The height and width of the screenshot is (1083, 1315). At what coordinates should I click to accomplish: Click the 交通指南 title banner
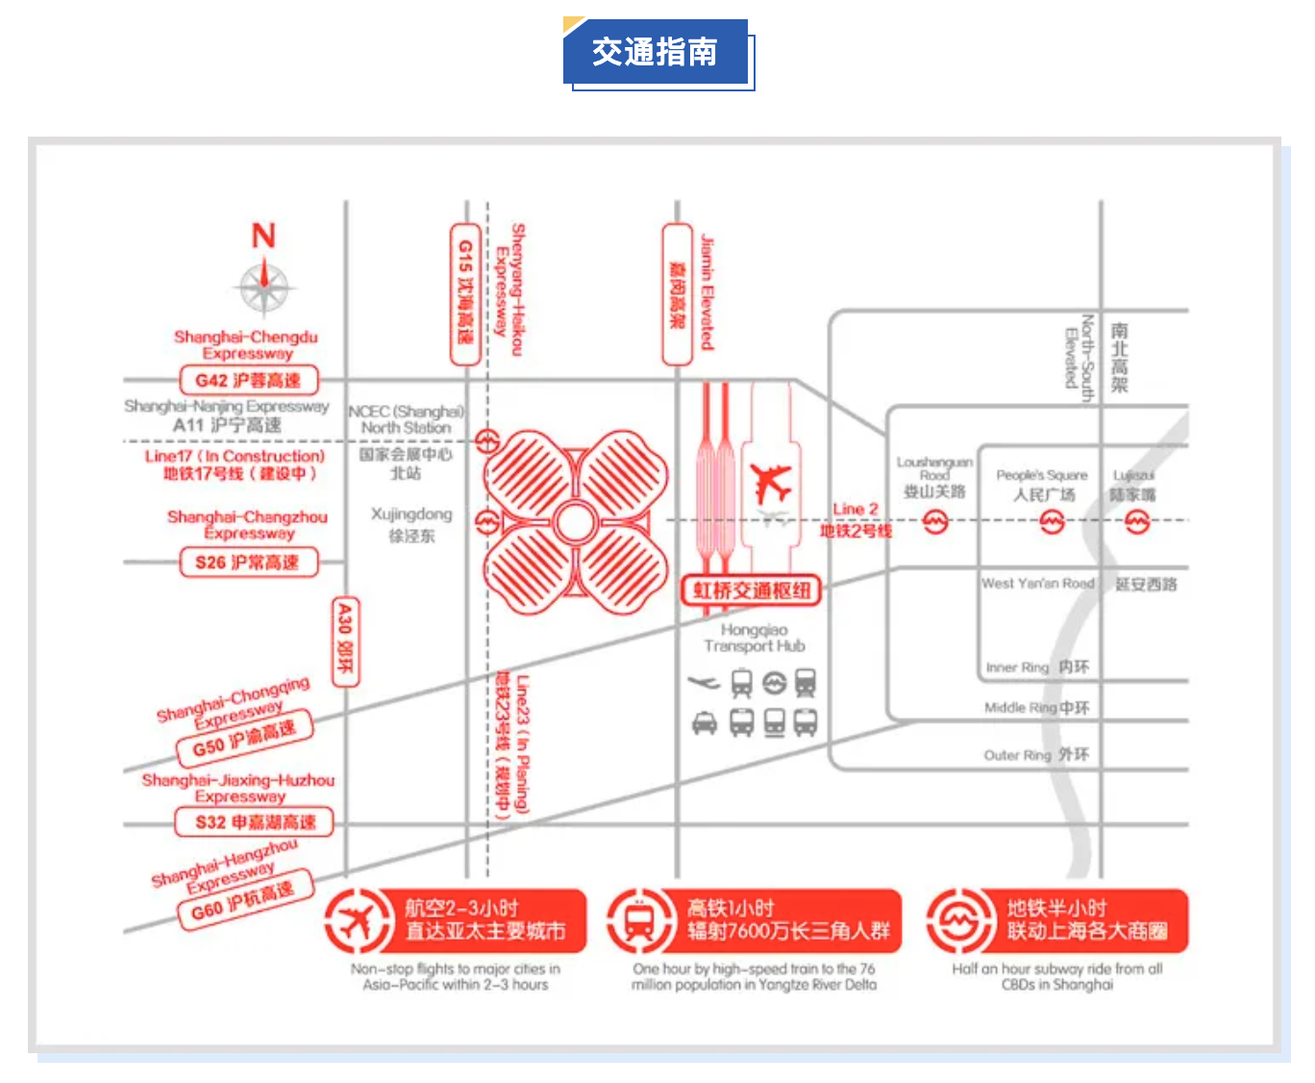[656, 52]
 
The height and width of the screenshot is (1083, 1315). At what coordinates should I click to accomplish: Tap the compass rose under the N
[264, 288]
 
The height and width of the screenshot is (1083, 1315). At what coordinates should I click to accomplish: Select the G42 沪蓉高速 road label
[248, 380]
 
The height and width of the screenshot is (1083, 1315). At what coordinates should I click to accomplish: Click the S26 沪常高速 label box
[248, 562]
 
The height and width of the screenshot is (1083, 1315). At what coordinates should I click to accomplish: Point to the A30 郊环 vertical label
[345, 642]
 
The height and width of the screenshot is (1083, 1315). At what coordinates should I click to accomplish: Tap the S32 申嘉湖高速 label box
[255, 822]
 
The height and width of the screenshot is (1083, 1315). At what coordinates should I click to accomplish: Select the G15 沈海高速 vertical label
[465, 293]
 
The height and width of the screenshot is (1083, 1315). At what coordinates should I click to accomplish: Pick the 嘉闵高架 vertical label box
[677, 294]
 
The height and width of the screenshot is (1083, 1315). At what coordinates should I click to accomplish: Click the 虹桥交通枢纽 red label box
[752, 590]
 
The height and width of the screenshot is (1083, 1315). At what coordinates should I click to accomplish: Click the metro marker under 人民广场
[1053, 522]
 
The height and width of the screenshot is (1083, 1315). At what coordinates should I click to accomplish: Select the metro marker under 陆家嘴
[1137, 522]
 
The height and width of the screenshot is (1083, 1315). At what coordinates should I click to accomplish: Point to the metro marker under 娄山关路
[935, 522]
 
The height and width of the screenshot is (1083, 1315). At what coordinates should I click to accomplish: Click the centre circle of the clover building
[575, 523]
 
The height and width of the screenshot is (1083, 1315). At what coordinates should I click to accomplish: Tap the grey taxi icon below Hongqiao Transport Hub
[705, 722]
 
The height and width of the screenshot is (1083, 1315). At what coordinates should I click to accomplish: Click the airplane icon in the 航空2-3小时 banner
[356, 920]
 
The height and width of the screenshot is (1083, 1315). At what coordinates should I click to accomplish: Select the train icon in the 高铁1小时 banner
[638, 920]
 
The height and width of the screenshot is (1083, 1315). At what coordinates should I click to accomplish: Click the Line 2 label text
[856, 509]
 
